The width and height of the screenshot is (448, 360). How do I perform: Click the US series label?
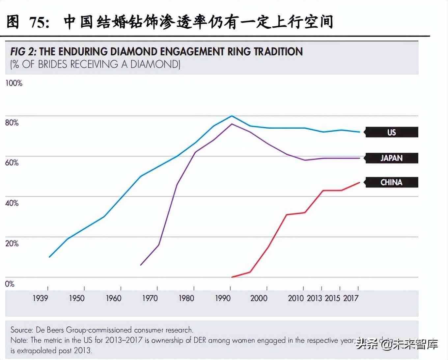[x=391, y=132]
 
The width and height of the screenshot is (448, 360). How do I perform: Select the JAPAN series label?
[x=391, y=158]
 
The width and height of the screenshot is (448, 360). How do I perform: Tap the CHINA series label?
[x=391, y=182]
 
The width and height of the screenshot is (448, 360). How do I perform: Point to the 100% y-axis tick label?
[x=14, y=83]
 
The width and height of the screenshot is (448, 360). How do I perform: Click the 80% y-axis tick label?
[x=12, y=123]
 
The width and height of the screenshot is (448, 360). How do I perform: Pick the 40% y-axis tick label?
[x=12, y=203]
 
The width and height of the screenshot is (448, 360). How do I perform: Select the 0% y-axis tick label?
[x=10, y=284]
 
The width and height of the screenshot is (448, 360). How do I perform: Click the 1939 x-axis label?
[x=40, y=298]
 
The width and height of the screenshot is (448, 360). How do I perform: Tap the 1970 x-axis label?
[x=150, y=298]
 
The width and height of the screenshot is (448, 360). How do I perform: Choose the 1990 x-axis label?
[x=223, y=298]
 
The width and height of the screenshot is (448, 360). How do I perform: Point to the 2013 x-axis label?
[x=314, y=298]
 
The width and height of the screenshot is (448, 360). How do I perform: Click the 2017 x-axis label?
[x=351, y=298]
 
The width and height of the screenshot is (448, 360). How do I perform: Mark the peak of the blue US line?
[x=232, y=116]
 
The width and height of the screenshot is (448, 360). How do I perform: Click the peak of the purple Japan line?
[x=232, y=124]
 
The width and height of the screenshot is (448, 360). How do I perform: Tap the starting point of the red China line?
[x=232, y=277]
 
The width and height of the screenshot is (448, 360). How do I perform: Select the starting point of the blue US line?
[x=49, y=257]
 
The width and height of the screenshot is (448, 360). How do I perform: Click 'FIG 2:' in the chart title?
[x=23, y=52]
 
